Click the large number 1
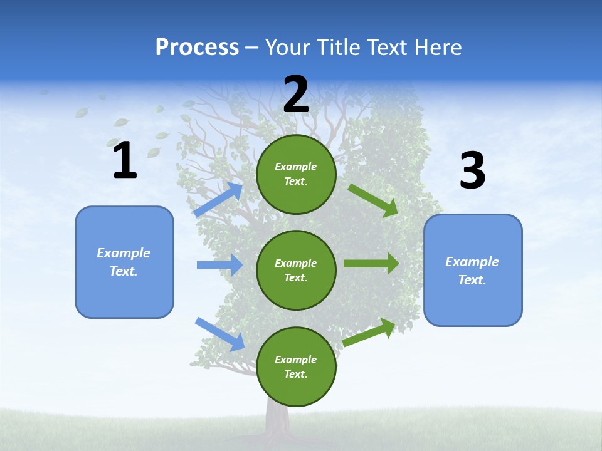click(125, 160)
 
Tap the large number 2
click(296, 95)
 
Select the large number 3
click(472, 170)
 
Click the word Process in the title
click(197, 47)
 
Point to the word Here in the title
click(437, 47)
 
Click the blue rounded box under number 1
click(124, 262)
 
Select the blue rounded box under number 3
click(473, 270)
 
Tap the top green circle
click(296, 174)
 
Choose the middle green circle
click(296, 270)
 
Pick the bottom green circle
click(296, 366)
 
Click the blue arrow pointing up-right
click(219, 199)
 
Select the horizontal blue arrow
click(219, 265)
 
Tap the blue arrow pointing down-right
click(220, 334)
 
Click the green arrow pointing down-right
click(373, 200)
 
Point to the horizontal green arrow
click(371, 263)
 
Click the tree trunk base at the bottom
click(276, 426)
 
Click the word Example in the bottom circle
click(295, 360)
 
